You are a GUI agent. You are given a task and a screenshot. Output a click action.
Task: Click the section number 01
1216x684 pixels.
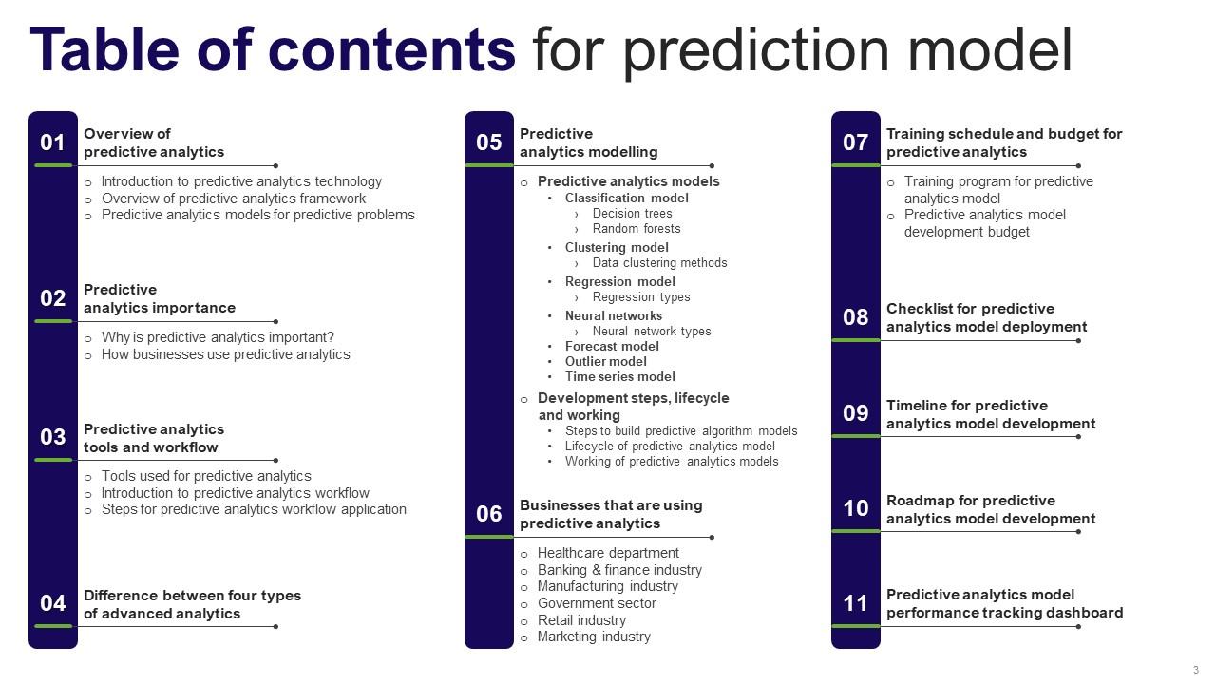coord(52,142)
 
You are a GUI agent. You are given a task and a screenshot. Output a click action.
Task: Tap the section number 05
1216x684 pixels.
coord(488,142)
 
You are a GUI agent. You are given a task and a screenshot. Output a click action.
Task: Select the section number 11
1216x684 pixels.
coord(855,603)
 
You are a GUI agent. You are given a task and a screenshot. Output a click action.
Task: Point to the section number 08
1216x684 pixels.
coord(855,317)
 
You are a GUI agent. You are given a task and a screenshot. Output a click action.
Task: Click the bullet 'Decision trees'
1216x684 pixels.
coord(632,214)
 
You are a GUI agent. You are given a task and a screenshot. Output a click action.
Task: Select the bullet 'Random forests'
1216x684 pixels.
coord(636,229)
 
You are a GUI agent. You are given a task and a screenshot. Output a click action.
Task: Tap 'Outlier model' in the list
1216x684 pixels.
coord(606,362)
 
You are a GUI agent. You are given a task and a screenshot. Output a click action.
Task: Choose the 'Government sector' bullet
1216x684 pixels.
coord(597,603)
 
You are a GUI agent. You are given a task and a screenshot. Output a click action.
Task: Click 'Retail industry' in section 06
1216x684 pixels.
coord(581,620)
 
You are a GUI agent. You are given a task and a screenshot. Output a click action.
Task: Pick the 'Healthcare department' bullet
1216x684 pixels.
coord(608,553)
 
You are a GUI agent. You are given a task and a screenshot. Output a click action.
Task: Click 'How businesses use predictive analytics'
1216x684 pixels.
coord(226,354)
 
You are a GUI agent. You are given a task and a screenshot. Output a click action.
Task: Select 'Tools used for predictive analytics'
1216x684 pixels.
coord(206,476)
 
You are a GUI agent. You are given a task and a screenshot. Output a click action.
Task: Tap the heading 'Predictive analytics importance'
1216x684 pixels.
coord(160,298)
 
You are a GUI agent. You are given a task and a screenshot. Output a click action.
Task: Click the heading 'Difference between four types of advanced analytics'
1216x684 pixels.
coord(192,604)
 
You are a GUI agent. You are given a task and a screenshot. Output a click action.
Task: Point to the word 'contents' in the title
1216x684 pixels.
coord(391,50)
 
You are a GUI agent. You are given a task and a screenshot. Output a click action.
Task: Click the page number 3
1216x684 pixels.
coord(1195,670)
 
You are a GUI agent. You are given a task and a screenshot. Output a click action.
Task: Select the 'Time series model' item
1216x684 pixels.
coord(620,377)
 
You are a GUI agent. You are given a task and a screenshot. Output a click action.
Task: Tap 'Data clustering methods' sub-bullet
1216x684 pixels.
coord(659,263)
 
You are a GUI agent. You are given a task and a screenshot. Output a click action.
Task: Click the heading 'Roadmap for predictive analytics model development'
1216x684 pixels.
coord(991,510)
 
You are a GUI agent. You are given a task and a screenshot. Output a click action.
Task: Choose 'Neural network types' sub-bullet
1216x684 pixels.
coord(652,332)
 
